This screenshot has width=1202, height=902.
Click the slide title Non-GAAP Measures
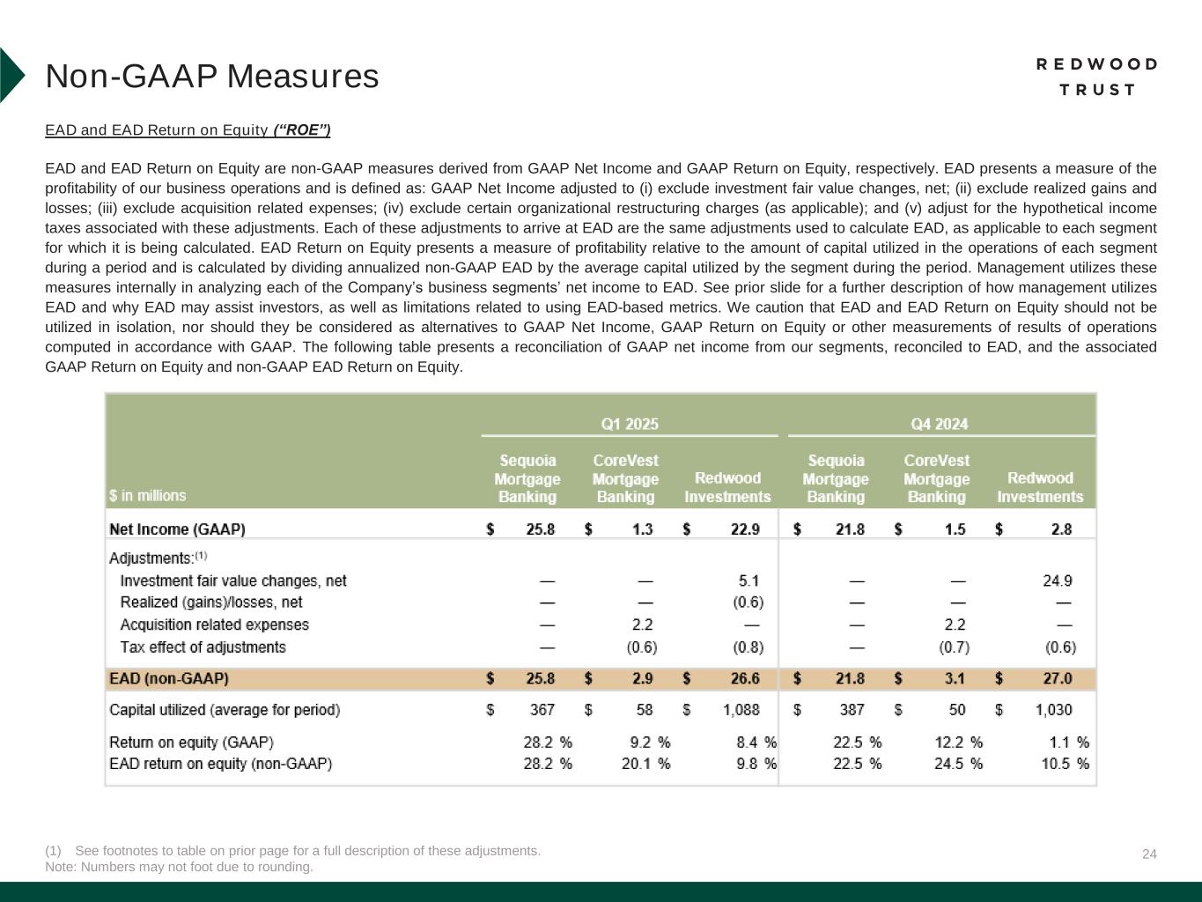[x=212, y=77]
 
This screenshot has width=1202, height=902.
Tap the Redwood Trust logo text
[x=1096, y=77]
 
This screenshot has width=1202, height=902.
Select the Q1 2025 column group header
[x=630, y=424]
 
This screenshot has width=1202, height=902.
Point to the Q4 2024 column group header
[x=940, y=424]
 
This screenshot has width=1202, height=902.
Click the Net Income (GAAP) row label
[x=177, y=529]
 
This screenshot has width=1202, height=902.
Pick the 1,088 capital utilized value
[x=741, y=709]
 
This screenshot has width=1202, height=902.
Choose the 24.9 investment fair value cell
[x=1057, y=580]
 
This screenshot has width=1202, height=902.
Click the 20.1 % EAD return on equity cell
[x=645, y=764]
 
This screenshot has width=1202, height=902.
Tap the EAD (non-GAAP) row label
[x=169, y=679]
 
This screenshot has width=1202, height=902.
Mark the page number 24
[x=1149, y=854]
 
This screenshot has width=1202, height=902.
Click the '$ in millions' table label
[x=148, y=495]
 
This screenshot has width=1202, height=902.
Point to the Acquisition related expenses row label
[x=214, y=625]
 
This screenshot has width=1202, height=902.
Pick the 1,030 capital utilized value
[x=1053, y=709]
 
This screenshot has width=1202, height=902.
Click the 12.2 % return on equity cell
[x=958, y=743]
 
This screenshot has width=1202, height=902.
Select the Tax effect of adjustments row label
[x=203, y=647]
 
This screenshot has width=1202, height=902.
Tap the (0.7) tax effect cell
[x=954, y=647]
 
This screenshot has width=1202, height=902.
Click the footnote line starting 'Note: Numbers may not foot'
[x=179, y=867]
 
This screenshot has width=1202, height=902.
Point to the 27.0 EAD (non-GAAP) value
[x=1057, y=679]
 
